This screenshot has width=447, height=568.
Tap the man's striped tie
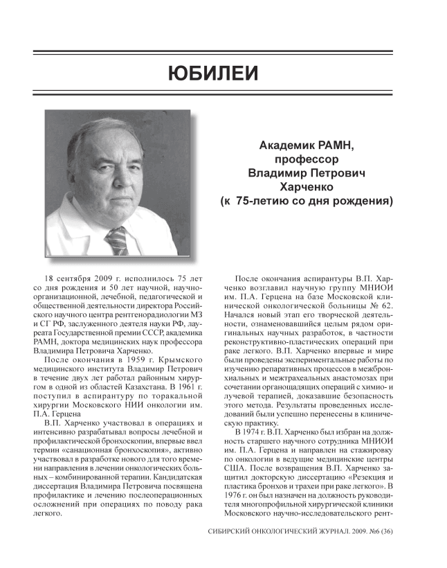(x=117, y=240)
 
